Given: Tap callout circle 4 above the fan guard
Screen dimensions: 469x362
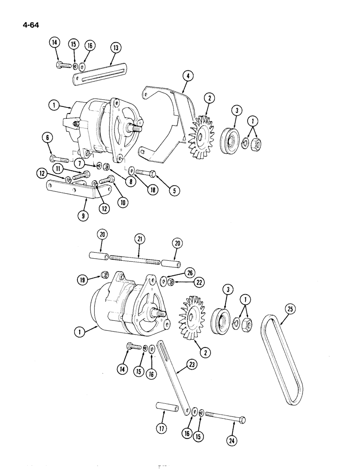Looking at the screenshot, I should click(x=187, y=76).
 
